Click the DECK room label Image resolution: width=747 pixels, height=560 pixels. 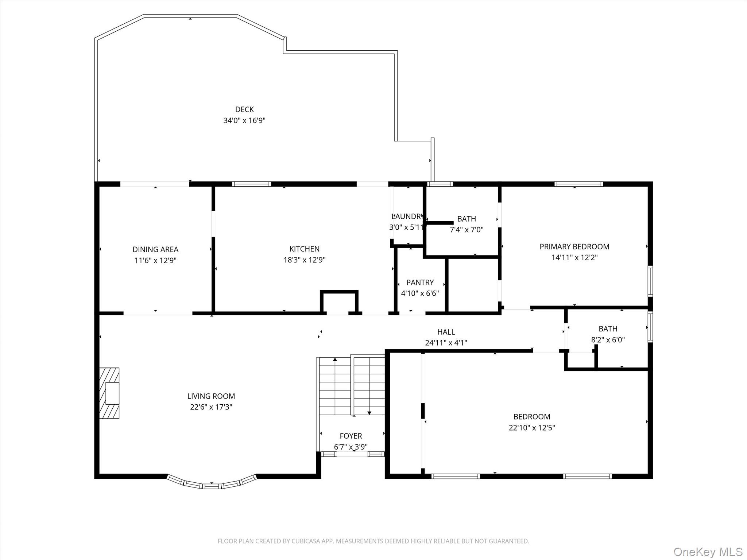click(x=244, y=109)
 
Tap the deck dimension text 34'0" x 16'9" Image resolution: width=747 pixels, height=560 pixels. click(x=244, y=120)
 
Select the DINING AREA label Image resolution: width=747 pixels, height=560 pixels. click(x=155, y=249)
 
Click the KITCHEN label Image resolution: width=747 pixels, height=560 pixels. click(x=305, y=249)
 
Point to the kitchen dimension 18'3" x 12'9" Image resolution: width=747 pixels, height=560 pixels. click(x=305, y=260)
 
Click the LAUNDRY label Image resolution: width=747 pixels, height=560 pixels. click(x=407, y=216)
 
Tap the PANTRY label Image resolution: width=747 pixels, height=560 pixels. click(x=420, y=283)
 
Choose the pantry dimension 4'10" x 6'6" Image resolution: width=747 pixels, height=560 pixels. click(x=420, y=293)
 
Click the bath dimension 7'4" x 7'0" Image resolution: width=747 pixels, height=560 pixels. click(x=467, y=230)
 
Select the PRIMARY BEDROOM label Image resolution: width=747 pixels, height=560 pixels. click(x=574, y=246)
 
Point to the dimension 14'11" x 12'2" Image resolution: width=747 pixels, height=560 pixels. click(x=574, y=257)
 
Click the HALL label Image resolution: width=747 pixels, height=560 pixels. click(x=446, y=332)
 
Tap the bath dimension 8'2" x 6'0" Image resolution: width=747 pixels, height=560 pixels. click(x=608, y=340)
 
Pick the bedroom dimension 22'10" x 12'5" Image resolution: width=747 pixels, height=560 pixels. click(x=532, y=428)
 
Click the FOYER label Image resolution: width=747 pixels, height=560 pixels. click(x=351, y=436)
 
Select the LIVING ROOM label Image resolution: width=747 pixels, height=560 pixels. click(x=211, y=396)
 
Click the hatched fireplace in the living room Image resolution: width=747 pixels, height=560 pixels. click(x=109, y=393)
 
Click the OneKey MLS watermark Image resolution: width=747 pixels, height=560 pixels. click(x=708, y=552)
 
